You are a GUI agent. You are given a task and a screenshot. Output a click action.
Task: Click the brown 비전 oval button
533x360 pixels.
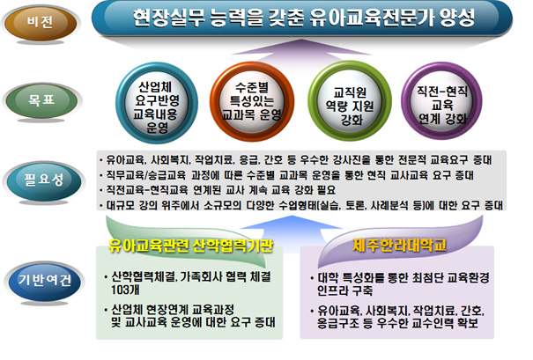(41, 22)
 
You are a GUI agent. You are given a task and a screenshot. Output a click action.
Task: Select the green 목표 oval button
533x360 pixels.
(41, 100)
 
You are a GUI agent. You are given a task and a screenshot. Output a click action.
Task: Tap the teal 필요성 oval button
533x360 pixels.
(43, 180)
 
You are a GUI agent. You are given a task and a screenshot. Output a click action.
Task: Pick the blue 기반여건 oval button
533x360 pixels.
(44, 281)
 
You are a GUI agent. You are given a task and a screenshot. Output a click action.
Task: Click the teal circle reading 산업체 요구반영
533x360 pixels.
(157, 103)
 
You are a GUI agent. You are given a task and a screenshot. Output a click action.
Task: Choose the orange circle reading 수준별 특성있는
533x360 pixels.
(252, 101)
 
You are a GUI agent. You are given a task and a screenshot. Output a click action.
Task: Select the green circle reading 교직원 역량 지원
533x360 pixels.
(350, 102)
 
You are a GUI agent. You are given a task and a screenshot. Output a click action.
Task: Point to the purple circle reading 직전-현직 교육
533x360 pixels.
(442, 101)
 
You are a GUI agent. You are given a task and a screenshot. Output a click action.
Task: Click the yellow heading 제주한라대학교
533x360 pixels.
(399, 246)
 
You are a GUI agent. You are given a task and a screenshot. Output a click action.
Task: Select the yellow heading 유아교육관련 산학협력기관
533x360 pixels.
(191, 246)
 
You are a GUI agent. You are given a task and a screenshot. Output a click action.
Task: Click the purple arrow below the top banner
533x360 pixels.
(301, 48)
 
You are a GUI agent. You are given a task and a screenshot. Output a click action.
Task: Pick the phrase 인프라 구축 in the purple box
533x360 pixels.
(344, 290)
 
